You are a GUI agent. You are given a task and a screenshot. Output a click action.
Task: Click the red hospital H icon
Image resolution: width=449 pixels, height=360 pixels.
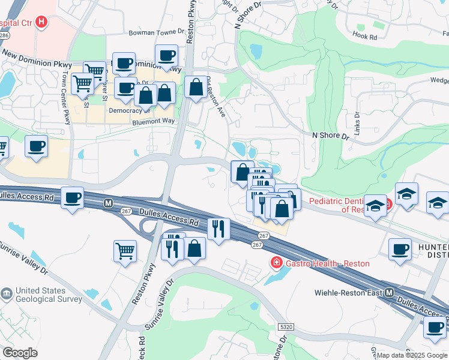coord(41,23)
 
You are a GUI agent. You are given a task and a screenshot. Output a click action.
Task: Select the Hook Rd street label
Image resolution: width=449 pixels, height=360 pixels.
coord(365,37)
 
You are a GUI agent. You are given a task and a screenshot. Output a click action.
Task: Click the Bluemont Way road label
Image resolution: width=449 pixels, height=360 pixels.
coord(153,122)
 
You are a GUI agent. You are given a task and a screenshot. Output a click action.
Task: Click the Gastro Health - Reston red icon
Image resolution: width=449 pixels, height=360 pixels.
coord(276,263)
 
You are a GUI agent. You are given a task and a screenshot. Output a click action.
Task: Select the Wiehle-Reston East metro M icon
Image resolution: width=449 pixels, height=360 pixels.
coord(389,293)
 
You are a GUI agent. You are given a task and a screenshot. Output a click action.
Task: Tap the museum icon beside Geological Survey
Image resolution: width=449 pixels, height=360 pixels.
coord(7,294)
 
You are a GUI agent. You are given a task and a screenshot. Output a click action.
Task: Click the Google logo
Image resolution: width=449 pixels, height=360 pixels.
coord(20,353)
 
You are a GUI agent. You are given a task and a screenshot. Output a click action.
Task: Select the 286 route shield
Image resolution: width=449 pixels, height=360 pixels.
coord(4,35)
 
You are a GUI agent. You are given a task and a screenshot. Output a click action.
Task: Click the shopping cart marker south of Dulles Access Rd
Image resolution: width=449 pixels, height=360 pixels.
coord(125,250)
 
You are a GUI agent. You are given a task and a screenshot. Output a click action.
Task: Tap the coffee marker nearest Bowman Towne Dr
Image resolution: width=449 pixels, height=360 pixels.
coord(166,55)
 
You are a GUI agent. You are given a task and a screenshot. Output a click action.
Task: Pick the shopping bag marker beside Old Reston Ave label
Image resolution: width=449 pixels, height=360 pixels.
coord(196,87)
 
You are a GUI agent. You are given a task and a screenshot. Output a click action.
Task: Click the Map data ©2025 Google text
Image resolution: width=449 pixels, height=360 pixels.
coord(411,355)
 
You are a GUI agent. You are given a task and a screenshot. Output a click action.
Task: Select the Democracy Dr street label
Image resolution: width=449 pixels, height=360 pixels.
coord(129,110)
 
